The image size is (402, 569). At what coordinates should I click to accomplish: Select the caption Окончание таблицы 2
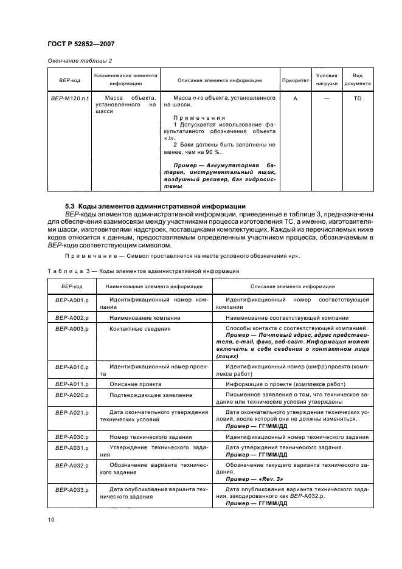(x=80, y=60)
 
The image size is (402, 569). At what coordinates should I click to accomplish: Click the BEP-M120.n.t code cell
(x=68, y=97)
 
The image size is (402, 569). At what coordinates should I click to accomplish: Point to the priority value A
(x=295, y=97)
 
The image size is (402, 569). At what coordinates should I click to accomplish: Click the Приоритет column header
(x=295, y=80)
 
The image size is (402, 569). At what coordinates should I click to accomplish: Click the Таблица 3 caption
(x=143, y=271)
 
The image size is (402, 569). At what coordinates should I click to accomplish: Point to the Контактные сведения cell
(x=139, y=328)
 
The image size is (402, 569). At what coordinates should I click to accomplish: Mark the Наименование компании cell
(x=144, y=318)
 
